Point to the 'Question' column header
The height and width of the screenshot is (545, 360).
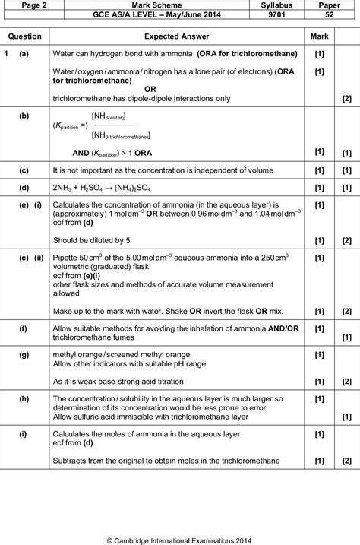25,36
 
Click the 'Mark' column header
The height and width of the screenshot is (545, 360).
319,36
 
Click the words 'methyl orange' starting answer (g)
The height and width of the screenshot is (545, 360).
79,354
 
